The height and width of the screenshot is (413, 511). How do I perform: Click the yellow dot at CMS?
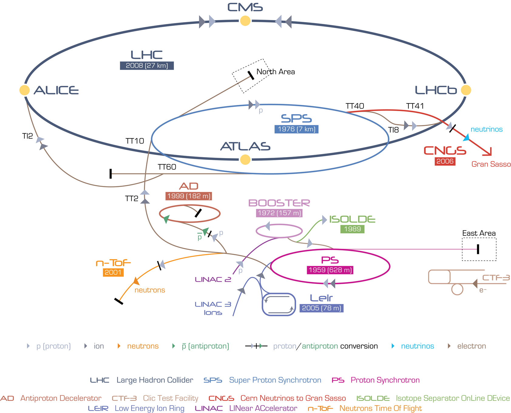(x=245, y=21)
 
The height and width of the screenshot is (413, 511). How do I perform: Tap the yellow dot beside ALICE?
(x=25, y=90)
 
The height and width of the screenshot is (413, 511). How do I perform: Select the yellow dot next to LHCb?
(x=466, y=90)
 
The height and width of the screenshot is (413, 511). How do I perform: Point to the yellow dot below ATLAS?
(x=245, y=159)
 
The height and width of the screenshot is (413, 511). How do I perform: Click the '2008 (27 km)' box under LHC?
(x=147, y=66)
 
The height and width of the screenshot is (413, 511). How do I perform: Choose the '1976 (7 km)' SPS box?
(x=296, y=129)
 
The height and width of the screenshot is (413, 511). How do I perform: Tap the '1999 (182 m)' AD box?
(x=189, y=196)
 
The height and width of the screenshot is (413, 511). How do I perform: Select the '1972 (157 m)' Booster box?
(x=279, y=213)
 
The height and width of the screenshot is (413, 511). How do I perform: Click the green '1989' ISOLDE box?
(x=352, y=229)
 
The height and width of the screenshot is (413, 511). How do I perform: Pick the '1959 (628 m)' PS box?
(x=330, y=270)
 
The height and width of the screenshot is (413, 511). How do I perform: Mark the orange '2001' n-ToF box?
(x=113, y=273)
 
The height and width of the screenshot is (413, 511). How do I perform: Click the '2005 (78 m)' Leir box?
(x=321, y=308)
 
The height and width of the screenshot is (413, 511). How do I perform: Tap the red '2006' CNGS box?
(x=445, y=161)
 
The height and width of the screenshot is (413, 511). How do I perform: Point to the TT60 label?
(x=167, y=167)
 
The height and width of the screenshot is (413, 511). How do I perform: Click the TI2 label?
(x=27, y=136)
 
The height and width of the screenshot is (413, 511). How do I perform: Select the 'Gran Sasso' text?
(x=491, y=164)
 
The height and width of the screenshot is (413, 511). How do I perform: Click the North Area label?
(x=276, y=72)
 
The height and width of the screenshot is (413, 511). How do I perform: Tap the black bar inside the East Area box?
(x=478, y=249)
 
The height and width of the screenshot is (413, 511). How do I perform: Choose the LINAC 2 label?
(x=213, y=279)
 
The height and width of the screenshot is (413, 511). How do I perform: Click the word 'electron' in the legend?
(x=472, y=346)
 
